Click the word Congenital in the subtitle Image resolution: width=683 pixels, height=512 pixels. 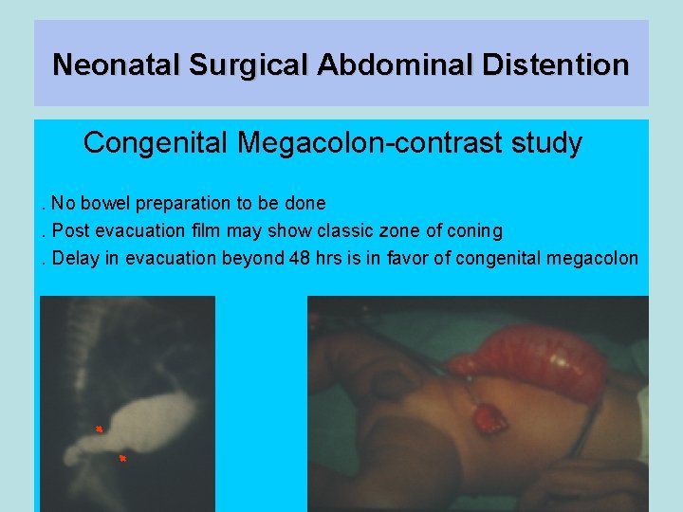156,143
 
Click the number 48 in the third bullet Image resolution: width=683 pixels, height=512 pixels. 297,259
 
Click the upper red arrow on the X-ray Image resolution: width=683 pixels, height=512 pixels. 99,430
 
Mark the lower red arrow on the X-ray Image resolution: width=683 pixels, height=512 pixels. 122,459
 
